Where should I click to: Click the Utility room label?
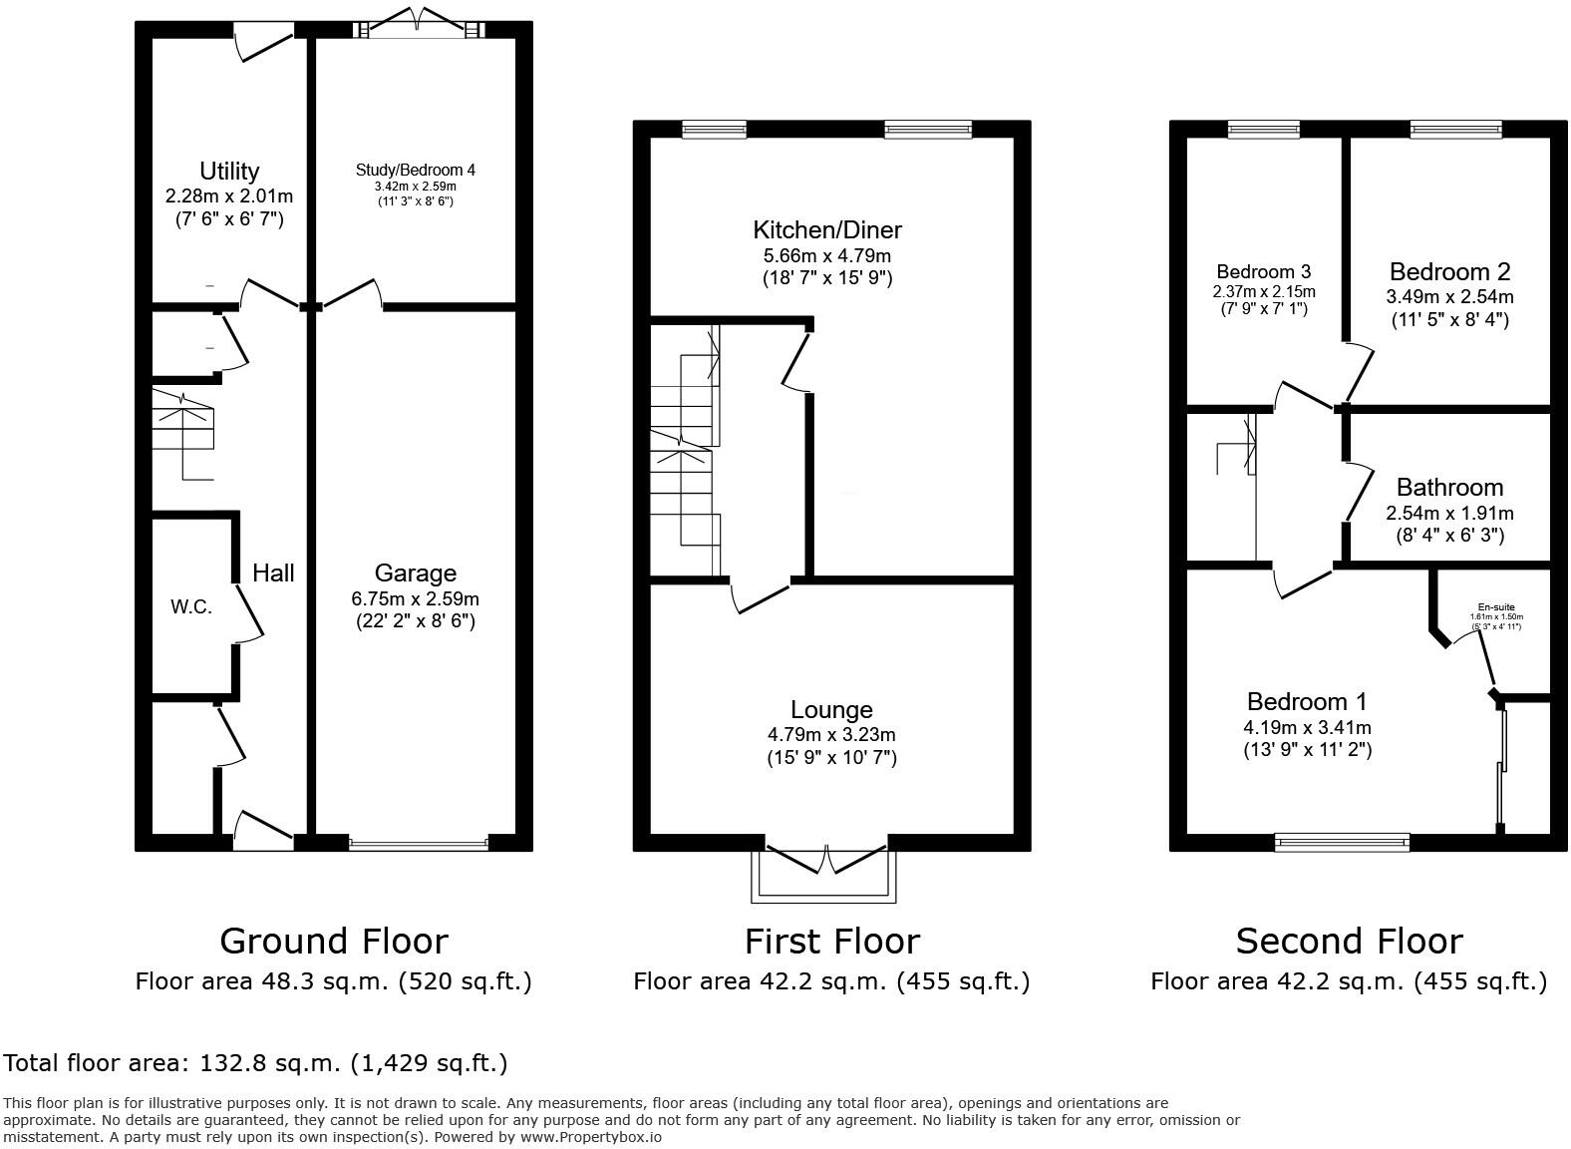229,171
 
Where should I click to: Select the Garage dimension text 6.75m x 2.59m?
415,599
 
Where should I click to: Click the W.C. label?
190,606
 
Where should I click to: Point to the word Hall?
272,573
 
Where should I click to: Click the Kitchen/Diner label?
826,230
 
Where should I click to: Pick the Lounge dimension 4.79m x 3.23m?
831,735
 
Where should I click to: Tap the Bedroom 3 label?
1263,271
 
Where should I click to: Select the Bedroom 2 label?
1449,271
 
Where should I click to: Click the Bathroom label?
1449,488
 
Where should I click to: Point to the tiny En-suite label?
1495,607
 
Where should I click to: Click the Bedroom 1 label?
1307,701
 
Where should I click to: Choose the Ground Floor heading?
333,941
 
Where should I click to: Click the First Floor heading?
831,941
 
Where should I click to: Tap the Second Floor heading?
1349,941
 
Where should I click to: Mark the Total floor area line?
255,1063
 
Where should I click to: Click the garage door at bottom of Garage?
419,844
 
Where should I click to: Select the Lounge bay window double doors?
826,861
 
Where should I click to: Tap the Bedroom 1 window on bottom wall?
1343,843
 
